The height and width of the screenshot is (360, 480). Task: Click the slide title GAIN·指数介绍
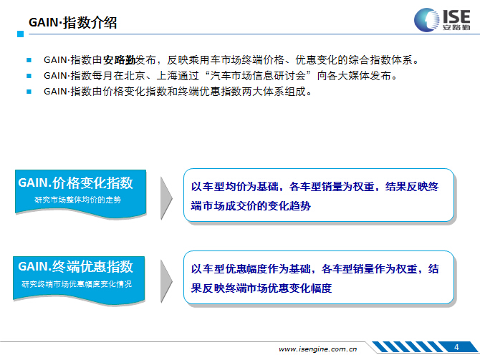(x=72, y=23)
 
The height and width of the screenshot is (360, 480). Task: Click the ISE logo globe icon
(x=426, y=20)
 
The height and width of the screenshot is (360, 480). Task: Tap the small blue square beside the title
(x=21, y=34)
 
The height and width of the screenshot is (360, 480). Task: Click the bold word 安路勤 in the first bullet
(x=119, y=60)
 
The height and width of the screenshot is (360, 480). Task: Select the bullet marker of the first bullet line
(x=29, y=60)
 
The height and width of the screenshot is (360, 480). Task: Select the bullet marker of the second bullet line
(x=29, y=76)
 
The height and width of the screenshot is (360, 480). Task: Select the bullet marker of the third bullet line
(x=29, y=92)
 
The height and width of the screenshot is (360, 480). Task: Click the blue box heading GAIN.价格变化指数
(x=76, y=183)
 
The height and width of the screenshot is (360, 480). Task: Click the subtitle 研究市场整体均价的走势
(x=78, y=200)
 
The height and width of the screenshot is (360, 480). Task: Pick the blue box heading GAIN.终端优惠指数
(x=76, y=266)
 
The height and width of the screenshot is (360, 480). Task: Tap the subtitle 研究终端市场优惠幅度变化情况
(x=77, y=284)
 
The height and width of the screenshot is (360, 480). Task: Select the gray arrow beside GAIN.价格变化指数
(x=166, y=198)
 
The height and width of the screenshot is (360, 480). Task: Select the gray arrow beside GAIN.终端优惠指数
(x=166, y=281)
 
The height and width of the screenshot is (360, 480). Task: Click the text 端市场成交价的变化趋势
(x=251, y=206)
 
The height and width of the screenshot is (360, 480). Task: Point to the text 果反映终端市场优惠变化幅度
(x=261, y=288)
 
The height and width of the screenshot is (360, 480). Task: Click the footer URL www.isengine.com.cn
(x=318, y=349)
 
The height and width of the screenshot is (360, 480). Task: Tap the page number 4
(x=456, y=347)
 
